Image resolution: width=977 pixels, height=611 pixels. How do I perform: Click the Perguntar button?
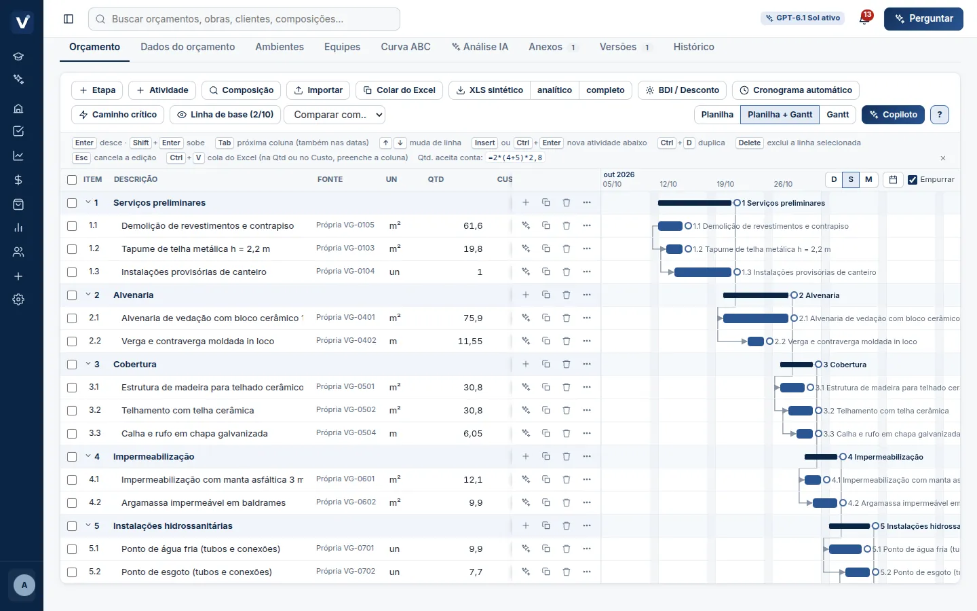click(x=923, y=19)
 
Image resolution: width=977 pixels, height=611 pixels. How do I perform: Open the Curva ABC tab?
click(x=406, y=47)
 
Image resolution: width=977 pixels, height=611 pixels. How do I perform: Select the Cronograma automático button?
click(x=796, y=90)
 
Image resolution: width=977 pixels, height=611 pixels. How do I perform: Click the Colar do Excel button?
click(x=399, y=90)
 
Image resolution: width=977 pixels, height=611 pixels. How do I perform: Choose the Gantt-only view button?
click(x=837, y=114)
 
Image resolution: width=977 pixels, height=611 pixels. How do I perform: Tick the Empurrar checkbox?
click(x=912, y=179)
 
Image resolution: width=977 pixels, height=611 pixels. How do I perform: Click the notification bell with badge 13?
click(x=864, y=18)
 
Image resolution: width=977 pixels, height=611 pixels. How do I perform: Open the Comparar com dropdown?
click(x=334, y=114)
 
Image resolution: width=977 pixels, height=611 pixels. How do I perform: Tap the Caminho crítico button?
click(x=118, y=114)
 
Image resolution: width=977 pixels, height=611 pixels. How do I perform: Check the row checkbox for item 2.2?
click(x=72, y=341)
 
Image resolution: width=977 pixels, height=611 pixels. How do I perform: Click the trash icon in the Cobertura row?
click(x=566, y=364)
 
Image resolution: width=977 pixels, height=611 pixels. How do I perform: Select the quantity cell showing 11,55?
click(x=470, y=341)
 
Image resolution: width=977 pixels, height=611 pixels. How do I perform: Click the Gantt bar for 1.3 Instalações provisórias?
click(x=703, y=272)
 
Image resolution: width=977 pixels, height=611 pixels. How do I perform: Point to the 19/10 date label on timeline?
click(x=725, y=184)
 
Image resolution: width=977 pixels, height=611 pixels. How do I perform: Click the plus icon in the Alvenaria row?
click(x=526, y=295)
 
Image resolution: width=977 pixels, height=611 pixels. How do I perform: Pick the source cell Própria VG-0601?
click(x=345, y=479)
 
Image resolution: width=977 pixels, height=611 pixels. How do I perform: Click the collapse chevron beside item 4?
click(x=88, y=456)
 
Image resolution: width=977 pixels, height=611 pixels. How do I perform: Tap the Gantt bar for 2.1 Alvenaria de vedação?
click(x=755, y=318)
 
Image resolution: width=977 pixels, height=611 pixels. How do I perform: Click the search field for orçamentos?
click(x=244, y=19)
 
